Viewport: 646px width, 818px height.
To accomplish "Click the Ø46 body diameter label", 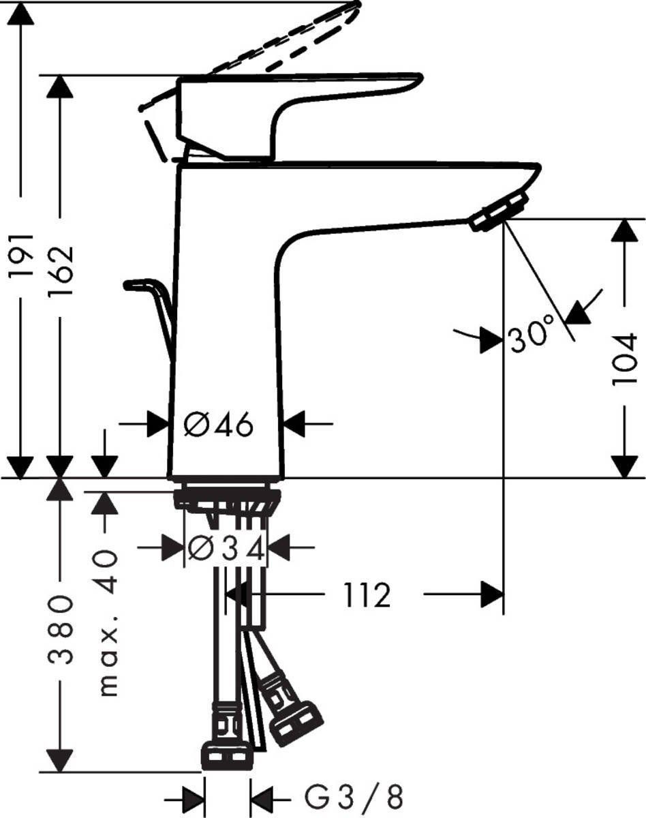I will coord(219,425).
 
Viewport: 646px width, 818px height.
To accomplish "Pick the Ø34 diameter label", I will coord(225,547).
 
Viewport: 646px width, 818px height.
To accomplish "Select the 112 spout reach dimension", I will coord(367,596).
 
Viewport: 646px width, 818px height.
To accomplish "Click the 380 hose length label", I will coord(60,628).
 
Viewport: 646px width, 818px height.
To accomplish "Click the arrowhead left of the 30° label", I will coord(491,339).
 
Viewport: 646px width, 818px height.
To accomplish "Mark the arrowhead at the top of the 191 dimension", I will coord(22,14).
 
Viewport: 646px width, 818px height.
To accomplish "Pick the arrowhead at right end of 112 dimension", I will coord(492,594).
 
